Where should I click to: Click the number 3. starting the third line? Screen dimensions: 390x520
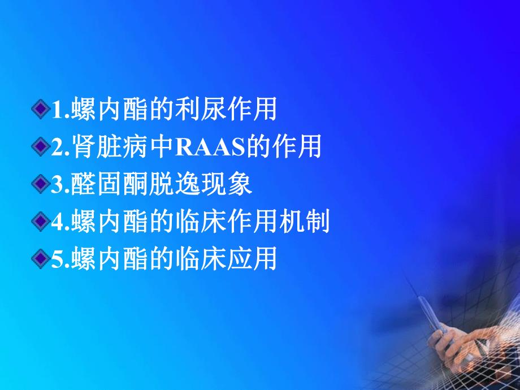click(60, 185)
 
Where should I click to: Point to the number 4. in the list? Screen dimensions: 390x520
click(60, 223)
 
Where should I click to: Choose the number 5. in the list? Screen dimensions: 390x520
click(60, 260)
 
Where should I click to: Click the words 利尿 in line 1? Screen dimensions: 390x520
click(208, 110)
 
